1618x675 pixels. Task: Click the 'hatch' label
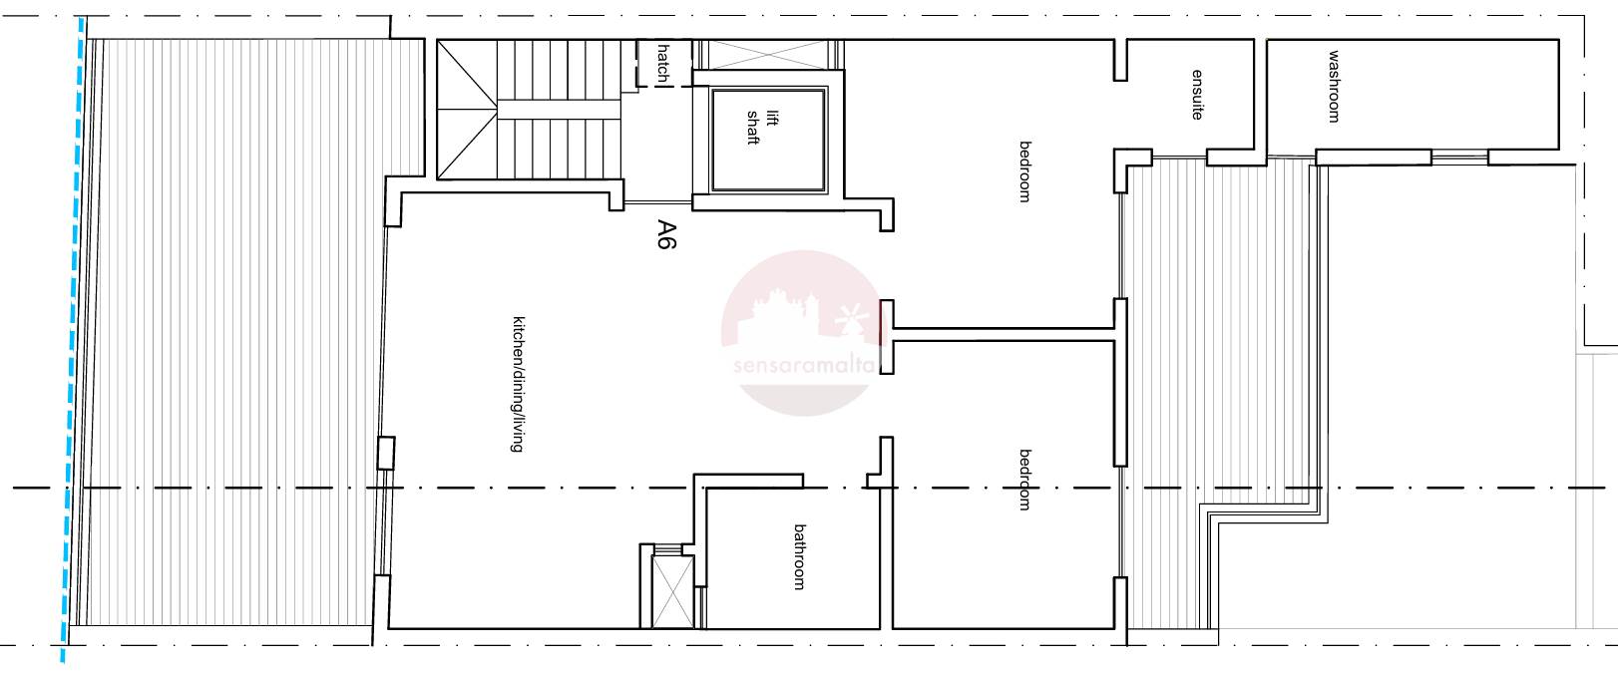click(663, 63)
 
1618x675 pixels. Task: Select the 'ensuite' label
click(1197, 94)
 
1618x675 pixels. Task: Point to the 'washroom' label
click(1334, 86)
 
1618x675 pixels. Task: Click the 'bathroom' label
click(799, 556)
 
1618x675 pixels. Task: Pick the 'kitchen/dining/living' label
click(517, 384)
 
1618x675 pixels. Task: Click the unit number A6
click(666, 234)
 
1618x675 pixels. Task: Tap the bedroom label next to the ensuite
click(1024, 171)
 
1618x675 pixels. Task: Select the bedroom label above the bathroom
click(1024, 481)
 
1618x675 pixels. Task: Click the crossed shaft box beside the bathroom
click(672, 591)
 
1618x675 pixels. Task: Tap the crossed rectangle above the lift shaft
click(767, 55)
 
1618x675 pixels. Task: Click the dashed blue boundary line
click(72, 339)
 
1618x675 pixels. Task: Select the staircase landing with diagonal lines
click(467, 109)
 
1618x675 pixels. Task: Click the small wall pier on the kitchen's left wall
click(386, 453)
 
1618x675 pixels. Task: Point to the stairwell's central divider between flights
click(559, 109)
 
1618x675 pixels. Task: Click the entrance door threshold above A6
click(658, 202)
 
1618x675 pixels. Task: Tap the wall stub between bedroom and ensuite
click(1120, 60)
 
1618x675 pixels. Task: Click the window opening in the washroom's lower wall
click(1459, 157)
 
